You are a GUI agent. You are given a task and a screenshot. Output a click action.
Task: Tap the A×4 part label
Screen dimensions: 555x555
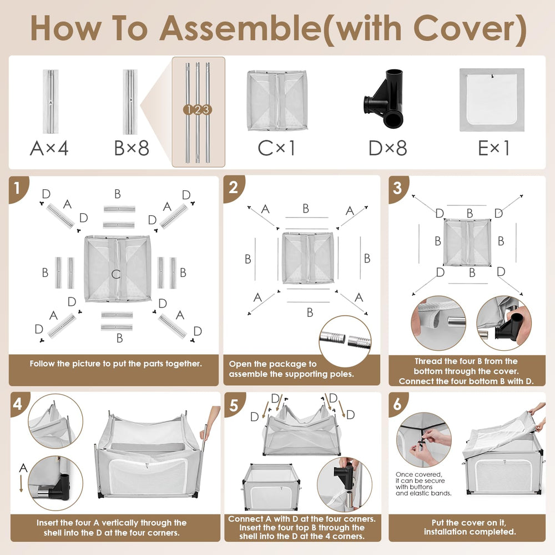(x=49, y=148)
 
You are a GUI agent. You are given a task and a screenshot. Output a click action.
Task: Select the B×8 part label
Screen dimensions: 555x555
(x=132, y=148)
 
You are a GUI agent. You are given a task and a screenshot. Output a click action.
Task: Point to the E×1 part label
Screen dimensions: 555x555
(x=494, y=148)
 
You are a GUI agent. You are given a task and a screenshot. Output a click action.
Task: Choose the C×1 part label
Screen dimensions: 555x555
(x=276, y=148)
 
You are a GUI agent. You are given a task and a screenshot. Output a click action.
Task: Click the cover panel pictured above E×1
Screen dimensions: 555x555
(x=492, y=100)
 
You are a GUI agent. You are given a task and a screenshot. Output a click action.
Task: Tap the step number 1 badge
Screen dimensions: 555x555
(x=17, y=188)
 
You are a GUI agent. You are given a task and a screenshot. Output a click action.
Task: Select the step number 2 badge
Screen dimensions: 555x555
(x=233, y=188)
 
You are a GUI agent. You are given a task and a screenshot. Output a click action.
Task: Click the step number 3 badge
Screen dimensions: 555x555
(x=397, y=188)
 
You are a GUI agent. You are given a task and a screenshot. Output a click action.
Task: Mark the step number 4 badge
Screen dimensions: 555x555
(x=18, y=404)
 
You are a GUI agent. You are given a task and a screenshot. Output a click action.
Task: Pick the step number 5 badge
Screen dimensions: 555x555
(x=234, y=405)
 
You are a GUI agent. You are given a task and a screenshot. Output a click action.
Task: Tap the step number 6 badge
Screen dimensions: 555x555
(x=397, y=404)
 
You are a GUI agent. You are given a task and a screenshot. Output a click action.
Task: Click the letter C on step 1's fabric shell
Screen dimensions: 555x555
(x=116, y=274)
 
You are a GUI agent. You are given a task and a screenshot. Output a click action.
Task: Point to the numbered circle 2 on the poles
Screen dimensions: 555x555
(x=198, y=110)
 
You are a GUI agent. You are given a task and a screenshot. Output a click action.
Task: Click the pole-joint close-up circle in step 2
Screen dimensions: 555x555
(x=345, y=341)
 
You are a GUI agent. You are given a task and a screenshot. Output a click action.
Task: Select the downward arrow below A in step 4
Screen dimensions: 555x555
(x=21, y=483)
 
